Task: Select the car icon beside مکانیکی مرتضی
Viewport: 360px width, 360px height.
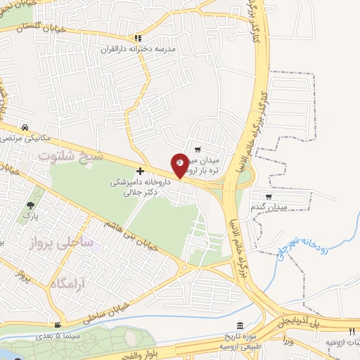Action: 25,127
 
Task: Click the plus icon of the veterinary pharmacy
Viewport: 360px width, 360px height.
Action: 141,171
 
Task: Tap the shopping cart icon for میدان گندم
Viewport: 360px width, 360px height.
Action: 268,198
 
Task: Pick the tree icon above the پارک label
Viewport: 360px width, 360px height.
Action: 30,206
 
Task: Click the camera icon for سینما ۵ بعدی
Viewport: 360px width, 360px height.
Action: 58,326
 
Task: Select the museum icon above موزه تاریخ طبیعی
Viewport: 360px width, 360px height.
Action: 241,326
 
